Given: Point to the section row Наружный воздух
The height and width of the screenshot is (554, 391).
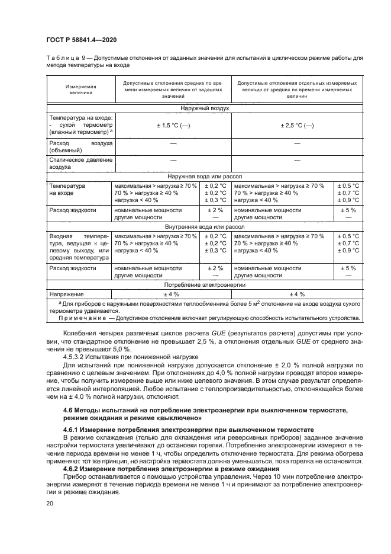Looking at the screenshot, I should click(x=206, y=108).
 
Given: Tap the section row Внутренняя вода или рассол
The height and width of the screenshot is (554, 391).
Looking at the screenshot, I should click(x=206, y=226).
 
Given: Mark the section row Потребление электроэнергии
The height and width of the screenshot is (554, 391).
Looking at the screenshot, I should click(x=206, y=285).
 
